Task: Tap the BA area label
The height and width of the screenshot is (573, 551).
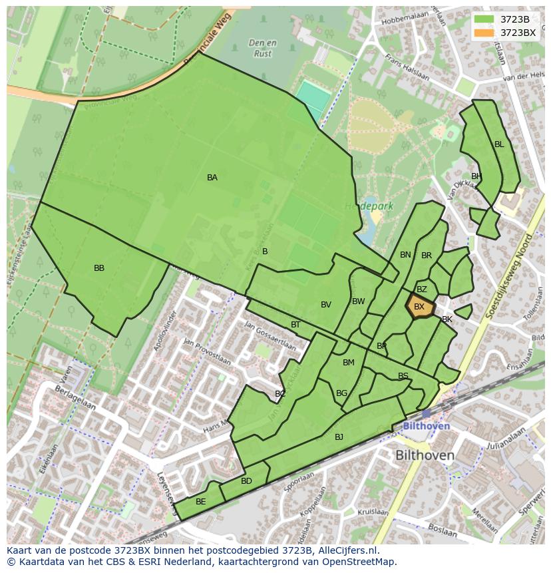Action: (212, 178)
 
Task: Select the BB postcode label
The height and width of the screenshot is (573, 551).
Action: (99, 268)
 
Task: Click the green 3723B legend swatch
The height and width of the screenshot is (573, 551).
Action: (484, 19)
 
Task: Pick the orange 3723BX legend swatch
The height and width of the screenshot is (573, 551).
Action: (484, 32)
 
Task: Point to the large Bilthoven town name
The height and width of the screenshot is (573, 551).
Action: (425, 456)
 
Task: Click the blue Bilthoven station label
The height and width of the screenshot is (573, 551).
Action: (427, 426)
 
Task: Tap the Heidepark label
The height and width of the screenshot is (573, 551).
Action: (369, 206)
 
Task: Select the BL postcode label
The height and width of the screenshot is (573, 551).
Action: (499, 144)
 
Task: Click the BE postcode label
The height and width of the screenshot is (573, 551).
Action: (200, 502)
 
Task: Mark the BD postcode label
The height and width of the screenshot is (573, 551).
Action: (246, 481)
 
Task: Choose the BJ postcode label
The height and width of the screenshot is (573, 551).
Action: (339, 437)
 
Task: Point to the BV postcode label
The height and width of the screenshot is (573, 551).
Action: (325, 305)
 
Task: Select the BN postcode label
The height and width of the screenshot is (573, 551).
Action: (405, 255)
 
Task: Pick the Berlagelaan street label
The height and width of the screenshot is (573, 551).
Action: (75, 398)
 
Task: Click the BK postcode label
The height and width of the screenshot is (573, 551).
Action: (447, 319)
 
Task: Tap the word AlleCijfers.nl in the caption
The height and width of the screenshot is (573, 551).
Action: (345, 551)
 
